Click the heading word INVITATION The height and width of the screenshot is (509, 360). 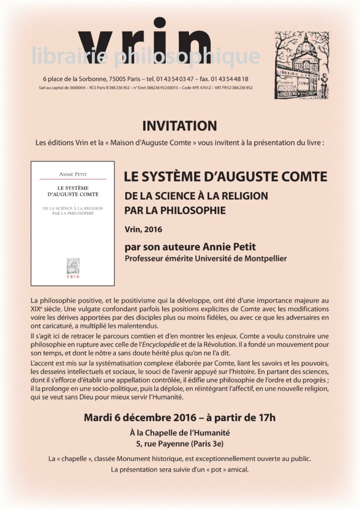pos(180,126)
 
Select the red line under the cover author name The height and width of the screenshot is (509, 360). pos(73,179)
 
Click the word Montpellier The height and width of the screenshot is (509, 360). pos(264,258)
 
